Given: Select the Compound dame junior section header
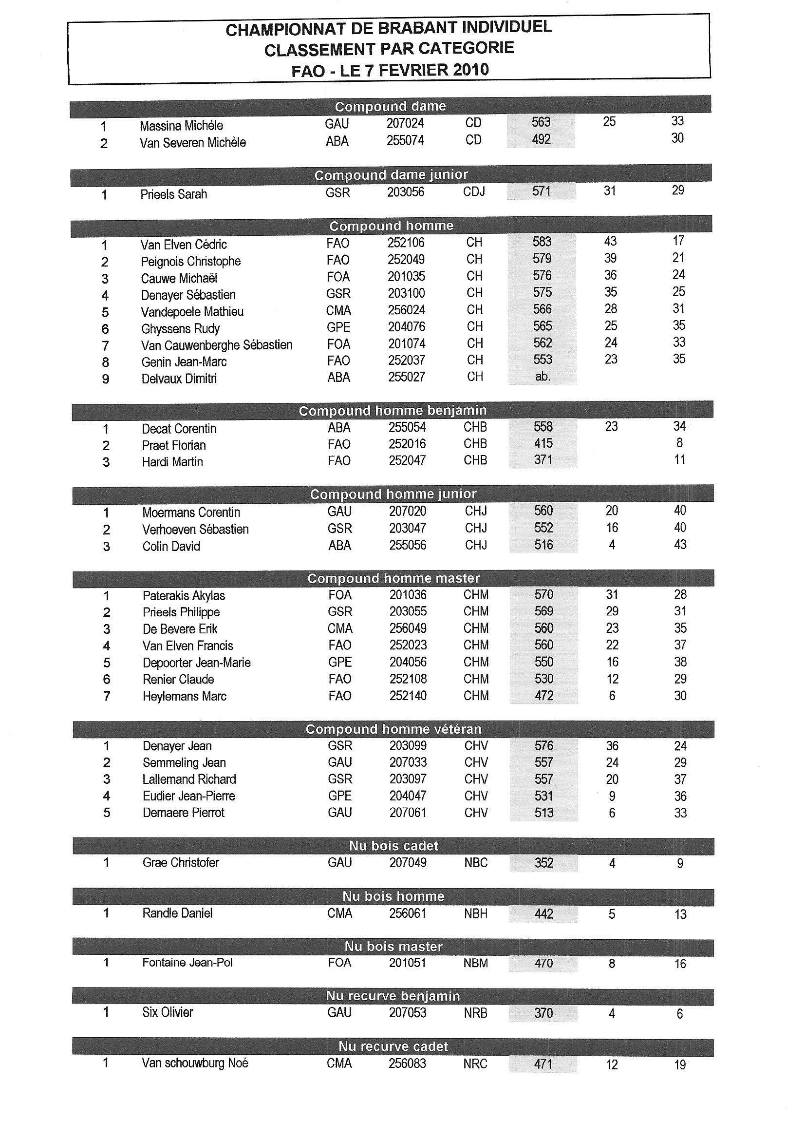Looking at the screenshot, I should [391, 175].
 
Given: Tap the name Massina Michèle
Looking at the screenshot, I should [181, 126].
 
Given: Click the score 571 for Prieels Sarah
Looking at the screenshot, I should [541, 191].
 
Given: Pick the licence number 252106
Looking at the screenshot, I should [406, 243].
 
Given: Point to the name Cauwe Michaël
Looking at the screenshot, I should [179, 278].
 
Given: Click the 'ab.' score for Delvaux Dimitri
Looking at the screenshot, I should [543, 377].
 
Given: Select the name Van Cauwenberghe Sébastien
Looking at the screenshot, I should [217, 345].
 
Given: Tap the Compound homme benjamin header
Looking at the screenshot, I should [393, 411].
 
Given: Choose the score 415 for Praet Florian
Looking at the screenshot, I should [543, 443].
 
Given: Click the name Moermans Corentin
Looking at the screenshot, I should [191, 512].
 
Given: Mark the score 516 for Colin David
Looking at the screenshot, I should [543, 545].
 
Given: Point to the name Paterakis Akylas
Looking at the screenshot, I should [184, 595].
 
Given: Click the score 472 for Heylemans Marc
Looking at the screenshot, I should [543, 696].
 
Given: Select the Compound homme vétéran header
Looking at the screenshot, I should [393, 729].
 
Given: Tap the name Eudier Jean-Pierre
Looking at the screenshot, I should [188, 796].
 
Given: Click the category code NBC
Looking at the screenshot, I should [476, 862].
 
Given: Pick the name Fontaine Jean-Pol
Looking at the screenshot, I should [187, 962].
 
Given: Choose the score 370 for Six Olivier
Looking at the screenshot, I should [543, 1012].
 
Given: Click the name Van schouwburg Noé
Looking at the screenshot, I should [195, 1063].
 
